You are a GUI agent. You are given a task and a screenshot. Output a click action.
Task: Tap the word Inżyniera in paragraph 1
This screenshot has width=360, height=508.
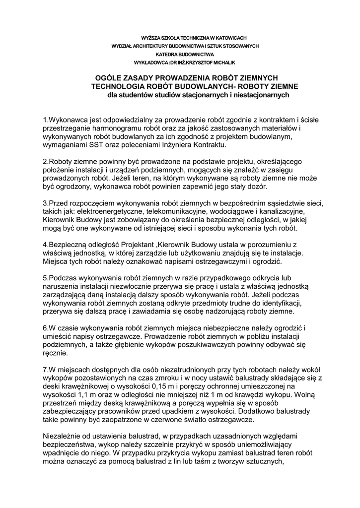[x=176, y=145]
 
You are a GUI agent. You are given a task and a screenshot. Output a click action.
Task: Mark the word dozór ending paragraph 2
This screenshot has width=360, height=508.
[x=257, y=187]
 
